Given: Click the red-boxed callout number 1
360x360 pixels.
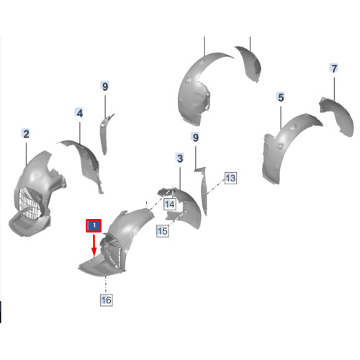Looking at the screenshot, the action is [x=94, y=225].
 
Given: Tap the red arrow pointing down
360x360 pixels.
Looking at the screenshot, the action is [x=94, y=246].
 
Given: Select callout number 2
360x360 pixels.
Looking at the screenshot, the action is [x=26, y=134].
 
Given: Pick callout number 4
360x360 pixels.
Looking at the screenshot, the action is [x=80, y=113].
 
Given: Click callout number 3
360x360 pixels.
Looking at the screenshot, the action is [x=180, y=158].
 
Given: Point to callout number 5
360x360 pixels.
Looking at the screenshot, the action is [x=281, y=97].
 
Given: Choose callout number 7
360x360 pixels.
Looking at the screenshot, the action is [x=334, y=68].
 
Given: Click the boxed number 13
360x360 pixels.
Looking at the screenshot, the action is [x=230, y=178].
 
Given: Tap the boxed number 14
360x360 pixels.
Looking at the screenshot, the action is [x=170, y=204].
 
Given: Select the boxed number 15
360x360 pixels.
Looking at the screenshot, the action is [x=163, y=231].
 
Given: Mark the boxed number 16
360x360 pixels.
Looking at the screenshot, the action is [x=106, y=300].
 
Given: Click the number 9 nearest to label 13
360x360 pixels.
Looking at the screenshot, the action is [x=196, y=138].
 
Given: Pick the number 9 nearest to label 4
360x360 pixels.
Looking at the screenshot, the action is [x=105, y=86].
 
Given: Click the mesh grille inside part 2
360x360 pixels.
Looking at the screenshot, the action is [x=30, y=203].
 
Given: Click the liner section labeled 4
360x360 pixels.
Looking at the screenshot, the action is [x=88, y=161].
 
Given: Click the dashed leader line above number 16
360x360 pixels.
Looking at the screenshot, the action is [x=106, y=284].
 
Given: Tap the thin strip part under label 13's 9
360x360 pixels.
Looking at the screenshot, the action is [x=204, y=189].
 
